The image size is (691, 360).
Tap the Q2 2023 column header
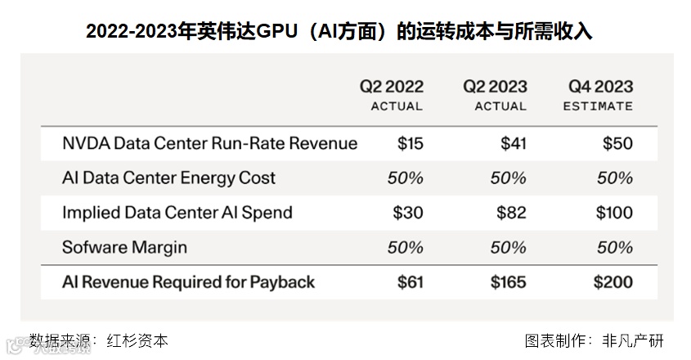click(x=495, y=87)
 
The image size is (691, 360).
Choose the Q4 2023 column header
click(x=600, y=87)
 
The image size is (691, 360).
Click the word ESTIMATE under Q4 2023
click(x=598, y=106)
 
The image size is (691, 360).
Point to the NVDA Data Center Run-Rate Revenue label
click(x=209, y=143)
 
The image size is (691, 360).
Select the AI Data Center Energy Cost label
click(x=168, y=178)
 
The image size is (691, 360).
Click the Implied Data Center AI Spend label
click(x=177, y=213)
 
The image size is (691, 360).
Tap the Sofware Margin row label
click(x=124, y=247)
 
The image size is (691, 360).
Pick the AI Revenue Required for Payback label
click(x=188, y=282)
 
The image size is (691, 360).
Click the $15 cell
click(x=410, y=143)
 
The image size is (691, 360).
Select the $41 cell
click(x=514, y=143)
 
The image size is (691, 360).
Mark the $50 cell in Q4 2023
click(x=617, y=143)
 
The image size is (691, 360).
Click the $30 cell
click(x=408, y=213)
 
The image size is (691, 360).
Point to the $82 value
click(x=512, y=213)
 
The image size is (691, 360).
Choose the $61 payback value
click(x=410, y=282)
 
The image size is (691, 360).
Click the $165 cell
click(x=508, y=282)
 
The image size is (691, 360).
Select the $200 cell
click(x=612, y=282)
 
